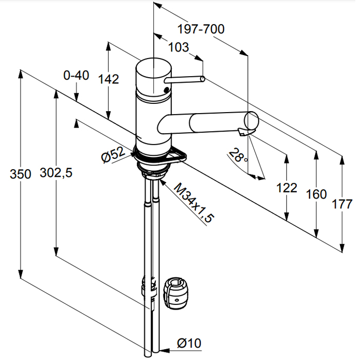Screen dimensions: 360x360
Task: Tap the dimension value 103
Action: [178, 47]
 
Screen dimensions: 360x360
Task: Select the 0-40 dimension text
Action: [76, 76]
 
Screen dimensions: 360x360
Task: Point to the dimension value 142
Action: [109, 79]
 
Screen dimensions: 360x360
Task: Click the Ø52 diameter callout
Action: [113, 155]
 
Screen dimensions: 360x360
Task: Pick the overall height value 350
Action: [21, 174]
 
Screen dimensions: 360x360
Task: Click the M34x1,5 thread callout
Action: [194, 202]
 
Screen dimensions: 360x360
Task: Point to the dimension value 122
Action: [286, 188]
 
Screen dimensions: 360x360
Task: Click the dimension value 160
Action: [316, 194]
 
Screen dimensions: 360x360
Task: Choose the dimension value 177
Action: [343, 205]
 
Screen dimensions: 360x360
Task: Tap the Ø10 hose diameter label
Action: [190, 342]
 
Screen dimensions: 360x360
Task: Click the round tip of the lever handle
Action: [203, 79]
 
